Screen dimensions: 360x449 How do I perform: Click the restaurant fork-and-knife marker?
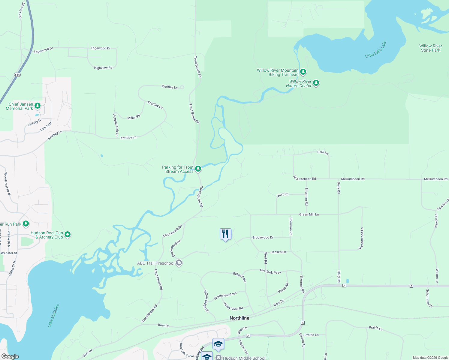tap(225, 234)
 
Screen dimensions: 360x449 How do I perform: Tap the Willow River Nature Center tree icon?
tap(316, 83)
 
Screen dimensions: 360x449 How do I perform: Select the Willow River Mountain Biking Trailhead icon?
tap(303, 72)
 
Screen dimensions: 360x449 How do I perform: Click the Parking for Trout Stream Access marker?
tap(198, 169)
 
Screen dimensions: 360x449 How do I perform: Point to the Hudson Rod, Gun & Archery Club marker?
tap(68, 235)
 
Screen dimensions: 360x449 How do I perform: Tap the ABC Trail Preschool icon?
tap(179, 263)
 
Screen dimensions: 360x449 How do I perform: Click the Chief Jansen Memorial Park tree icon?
tap(38, 106)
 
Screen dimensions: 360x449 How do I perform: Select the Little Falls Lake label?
tap(376, 49)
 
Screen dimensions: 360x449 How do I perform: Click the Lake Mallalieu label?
tap(54, 315)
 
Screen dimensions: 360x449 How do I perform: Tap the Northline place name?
tap(239, 318)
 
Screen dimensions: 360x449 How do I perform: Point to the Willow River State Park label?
tap(430, 48)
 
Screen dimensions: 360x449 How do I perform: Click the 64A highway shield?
tap(17, 74)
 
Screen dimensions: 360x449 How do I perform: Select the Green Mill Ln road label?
tap(309, 214)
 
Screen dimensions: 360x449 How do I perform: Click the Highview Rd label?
tap(103, 68)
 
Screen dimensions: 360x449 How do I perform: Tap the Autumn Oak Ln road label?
tap(116, 125)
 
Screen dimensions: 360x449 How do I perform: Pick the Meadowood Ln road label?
tap(362, 238)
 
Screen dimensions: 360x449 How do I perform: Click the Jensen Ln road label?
tap(278, 252)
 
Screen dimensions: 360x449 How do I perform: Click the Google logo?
tap(10, 356)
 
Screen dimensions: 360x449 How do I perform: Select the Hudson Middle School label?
tap(244, 358)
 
